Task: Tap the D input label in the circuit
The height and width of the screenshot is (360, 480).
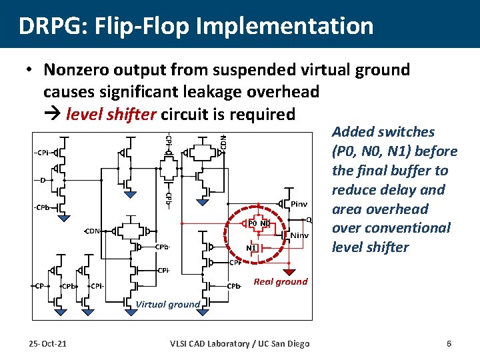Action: (x=43, y=181)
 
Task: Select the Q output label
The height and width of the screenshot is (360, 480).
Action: (x=309, y=219)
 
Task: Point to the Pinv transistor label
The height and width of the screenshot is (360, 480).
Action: (x=298, y=204)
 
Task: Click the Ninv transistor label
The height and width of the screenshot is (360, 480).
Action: (x=299, y=235)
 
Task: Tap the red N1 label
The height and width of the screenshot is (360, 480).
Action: (x=251, y=248)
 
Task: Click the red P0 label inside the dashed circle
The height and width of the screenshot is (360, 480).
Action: (x=253, y=223)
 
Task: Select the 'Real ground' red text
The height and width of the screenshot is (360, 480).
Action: (x=281, y=281)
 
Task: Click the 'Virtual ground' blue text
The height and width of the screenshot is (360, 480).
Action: (x=167, y=305)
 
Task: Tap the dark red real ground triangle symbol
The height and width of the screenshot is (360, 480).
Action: (x=290, y=271)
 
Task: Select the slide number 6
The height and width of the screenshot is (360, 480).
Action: (x=449, y=343)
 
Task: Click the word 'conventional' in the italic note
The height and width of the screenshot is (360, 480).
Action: (x=411, y=228)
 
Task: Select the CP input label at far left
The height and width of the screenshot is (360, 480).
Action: (x=39, y=287)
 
